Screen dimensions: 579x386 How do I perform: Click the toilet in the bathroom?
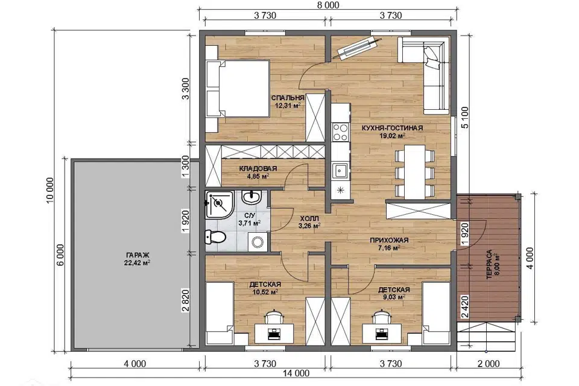pyautogui.click(x=215, y=237)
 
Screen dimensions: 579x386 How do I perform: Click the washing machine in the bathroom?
pyautogui.click(x=258, y=242)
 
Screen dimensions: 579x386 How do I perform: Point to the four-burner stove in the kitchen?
pyautogui.click(x=340, y=132)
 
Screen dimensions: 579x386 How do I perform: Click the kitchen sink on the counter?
pyautogui.click(x=340, y=171)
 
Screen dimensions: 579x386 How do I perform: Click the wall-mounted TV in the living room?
pyautogui.click(x=357, y=47)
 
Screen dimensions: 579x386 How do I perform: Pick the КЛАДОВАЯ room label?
pyautogui.click(x=258, y=169)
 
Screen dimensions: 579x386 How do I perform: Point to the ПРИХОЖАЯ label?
pyautogui.click(x=389, y=241)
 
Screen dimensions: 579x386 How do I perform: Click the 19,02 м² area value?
pyautogui.click(x=393, y=136)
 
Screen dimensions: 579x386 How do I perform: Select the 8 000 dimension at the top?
pyautogui.click(x=328, y=5)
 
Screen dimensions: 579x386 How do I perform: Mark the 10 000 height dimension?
pyautogui.click(x=50, y=190)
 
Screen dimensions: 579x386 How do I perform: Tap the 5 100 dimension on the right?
pyautogui.click(x=464, y=118)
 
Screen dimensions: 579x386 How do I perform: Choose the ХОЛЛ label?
pyautogui.click(x=309, y=218)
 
